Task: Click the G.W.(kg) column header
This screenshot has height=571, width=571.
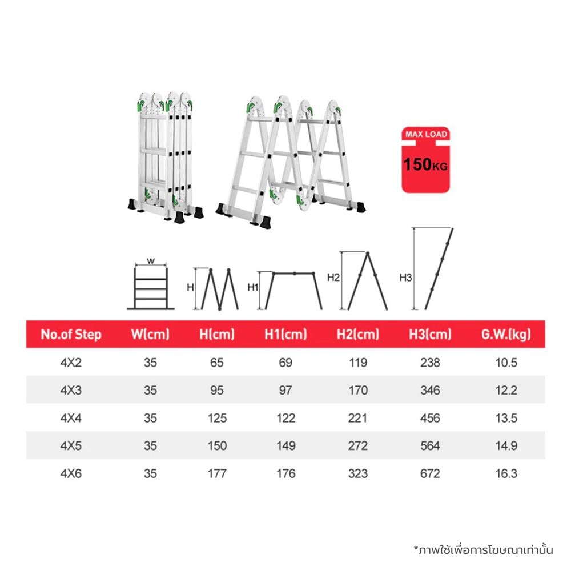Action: pyautogui.click(x=506, y=334)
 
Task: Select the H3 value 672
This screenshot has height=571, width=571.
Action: pyautogui.click(x=430, y=473)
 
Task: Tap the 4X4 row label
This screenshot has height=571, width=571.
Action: pyautogui.click(x=71, y=418)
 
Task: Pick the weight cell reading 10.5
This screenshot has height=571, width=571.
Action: pyautogui.click(x=506, y=363)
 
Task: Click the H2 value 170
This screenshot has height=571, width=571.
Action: pyautogui.click(x=358, y=391)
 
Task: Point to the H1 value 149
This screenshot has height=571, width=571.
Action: pyautogui.click(x=286, y=446)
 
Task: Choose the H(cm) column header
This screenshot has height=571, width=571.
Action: pyautogui.click(x=217, y=334)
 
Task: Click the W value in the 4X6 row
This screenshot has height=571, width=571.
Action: pyautogui.click(x=150, y=473)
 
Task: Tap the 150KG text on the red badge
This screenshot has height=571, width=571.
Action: pyautogui.click(x=425, y=164)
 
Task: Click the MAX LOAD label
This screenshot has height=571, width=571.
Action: pyautogui.click(x=426, y=134)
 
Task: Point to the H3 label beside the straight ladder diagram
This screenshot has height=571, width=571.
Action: pyautogui.click(x=405, y=278)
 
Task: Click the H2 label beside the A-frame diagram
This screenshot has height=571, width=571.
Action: pyautogui.click(x=333, y=278)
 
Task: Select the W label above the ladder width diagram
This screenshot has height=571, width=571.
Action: pyautogui.click(x=151, y=261)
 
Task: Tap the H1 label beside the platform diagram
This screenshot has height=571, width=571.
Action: pyautogui.click(x=253, y=287)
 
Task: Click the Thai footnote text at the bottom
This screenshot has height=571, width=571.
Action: pyautogui.click(x=483, y=549)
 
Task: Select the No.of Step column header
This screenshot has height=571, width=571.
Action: pyautogui.click(x=71, y=334)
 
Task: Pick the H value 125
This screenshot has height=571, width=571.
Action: pyautogui.click(x=217, y=418)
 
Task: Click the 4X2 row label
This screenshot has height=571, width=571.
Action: pyautogui.click(x=71, y=363)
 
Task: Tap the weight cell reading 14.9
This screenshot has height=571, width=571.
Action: pyautogui.click(x=506, y=446)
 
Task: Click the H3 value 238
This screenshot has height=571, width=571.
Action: pyautogui.click(x=430, y=363)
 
